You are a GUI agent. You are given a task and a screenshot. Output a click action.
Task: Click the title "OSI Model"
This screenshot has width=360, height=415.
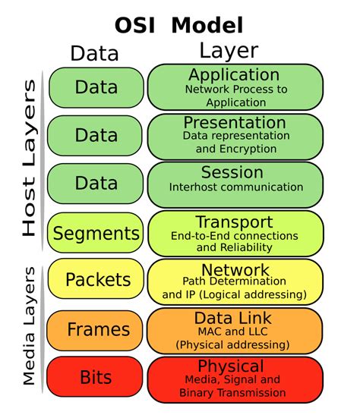(179, 24)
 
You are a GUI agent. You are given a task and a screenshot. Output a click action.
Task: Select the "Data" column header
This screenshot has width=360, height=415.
(94, 53)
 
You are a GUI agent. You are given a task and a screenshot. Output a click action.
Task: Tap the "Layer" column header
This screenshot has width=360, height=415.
(229, 51)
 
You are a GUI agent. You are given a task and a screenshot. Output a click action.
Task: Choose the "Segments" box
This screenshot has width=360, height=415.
(96, 234)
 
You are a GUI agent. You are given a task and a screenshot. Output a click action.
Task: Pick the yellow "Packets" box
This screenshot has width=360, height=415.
(96, 280)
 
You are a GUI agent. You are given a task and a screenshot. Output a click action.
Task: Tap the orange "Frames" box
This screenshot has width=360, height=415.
(96, 329)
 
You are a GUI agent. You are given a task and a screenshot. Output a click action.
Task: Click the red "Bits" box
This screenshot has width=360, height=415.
(96, 377)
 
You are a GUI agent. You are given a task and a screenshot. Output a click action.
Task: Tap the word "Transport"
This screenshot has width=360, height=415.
(234, 222)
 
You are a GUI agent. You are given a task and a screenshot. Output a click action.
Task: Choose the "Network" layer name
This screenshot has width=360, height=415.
(235, 270)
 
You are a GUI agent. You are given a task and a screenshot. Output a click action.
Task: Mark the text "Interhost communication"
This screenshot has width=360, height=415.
(236, 187)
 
